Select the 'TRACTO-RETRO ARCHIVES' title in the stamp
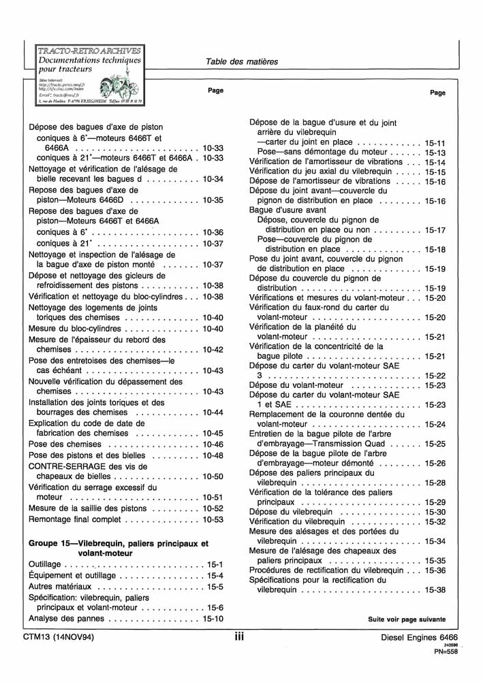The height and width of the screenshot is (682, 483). coord(89,50)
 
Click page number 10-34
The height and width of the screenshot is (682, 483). coord(213,179)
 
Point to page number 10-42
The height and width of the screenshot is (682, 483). coord(213,349)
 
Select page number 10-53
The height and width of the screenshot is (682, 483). coord(213,519)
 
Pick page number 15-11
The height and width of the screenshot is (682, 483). coord(435,143)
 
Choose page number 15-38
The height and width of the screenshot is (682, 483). coord(435,589)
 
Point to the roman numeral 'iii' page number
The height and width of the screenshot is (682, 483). coord(240,637)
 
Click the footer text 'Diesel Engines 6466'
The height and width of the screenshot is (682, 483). coord(420,638)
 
